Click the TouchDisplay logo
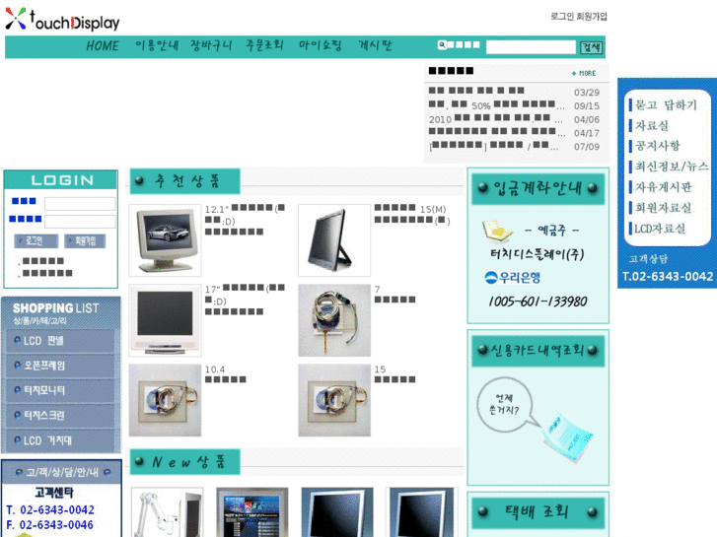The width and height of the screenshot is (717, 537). coord(62,20)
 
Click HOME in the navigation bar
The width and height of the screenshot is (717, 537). coord(102,46)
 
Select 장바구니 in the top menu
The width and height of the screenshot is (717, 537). coord(211,46)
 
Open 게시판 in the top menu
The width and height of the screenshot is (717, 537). coord(375,46)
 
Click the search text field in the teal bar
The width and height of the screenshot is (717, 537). coord(530,47)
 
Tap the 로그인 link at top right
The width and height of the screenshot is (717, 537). coord(562,17)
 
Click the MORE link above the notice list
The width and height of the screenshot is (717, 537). coord(584,73)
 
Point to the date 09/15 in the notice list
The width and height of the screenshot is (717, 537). coord(586,106)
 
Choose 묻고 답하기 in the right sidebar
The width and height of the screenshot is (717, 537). coord(666,104)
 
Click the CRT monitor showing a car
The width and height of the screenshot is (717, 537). coord(164,240)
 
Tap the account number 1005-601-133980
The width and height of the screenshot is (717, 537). coord(538,302)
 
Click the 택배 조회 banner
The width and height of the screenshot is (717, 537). coord(538,512)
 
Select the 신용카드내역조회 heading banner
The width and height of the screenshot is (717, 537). coord(538,350)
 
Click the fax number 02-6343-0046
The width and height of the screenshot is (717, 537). coord(58,525)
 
